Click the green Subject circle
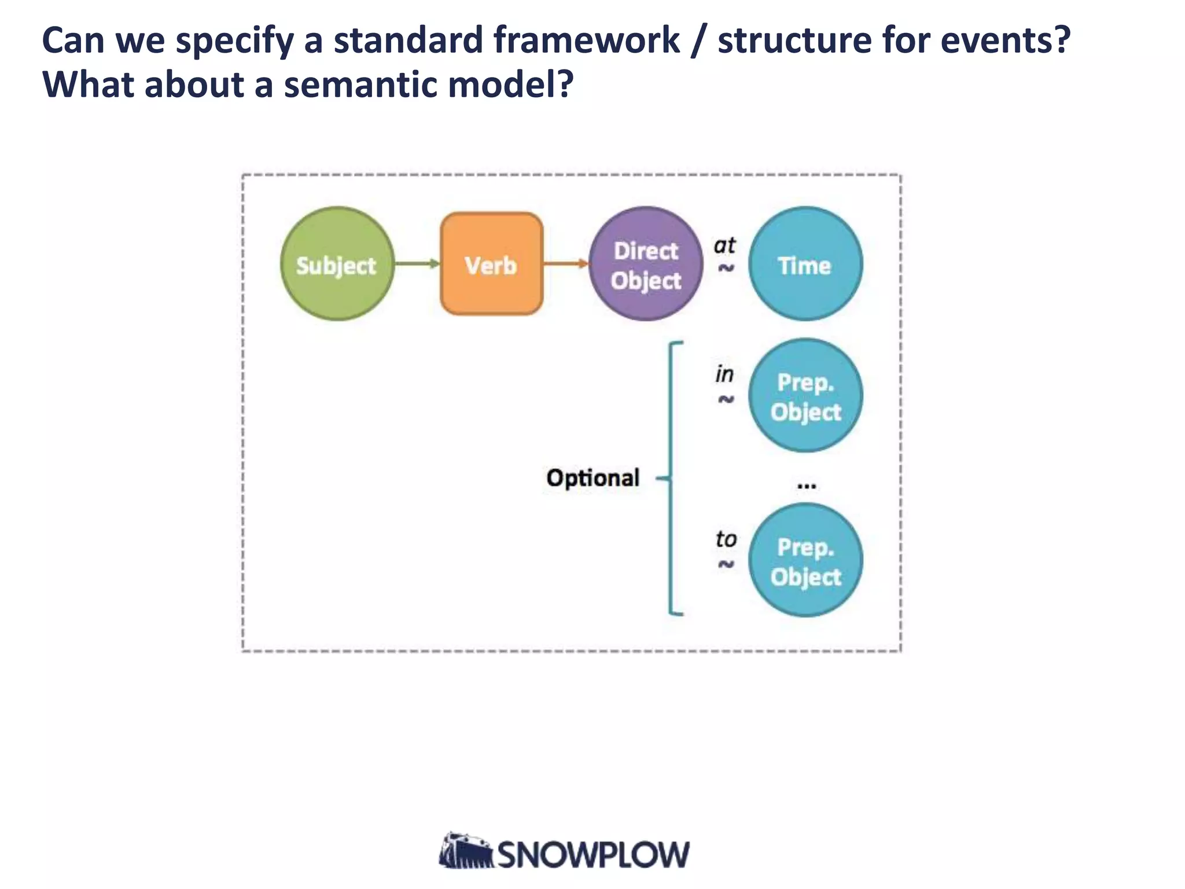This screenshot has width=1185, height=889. point(337,264)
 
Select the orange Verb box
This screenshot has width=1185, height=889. point(491,264)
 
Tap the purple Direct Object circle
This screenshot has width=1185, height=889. point(646,264)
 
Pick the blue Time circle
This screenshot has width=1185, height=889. point(805,264)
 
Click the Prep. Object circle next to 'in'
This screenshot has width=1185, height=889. point(805,396)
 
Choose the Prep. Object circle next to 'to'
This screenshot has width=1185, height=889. point(805,560)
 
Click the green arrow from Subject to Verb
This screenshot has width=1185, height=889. point(417,264)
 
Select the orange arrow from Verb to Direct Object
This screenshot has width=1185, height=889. point(565,264)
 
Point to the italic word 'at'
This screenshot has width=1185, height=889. point(724,245)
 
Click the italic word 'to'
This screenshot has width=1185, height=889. point(726,539)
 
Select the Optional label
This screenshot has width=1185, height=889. point(592,478)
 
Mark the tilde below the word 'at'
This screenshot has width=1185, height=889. point(726,268)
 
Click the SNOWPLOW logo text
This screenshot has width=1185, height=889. point(593,855)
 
